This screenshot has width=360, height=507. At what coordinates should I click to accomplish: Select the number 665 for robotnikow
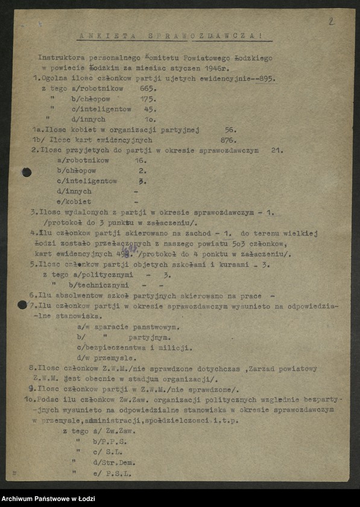click(148, 88)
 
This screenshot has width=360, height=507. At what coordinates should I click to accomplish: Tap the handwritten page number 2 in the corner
click(331, 21)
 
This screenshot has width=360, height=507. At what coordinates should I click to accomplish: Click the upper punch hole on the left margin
click(27, 172)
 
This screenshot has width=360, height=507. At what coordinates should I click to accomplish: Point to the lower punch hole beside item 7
click(22, 305)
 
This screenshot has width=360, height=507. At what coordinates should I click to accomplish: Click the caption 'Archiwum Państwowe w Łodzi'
click(46, 499)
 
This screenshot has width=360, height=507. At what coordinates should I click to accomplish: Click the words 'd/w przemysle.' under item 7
click(107, 357)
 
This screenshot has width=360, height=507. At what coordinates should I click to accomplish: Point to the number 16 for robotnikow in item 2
click(141, 161)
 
